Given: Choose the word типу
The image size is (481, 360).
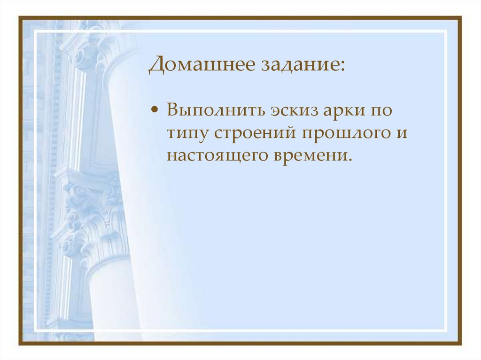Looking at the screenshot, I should [x=187, y=134].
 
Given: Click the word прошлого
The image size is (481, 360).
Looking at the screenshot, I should [x=341, y=133].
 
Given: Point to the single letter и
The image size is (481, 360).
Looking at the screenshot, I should [x=400, y=133].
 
